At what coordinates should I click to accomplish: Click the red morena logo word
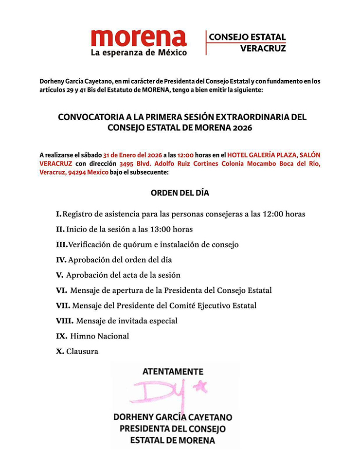coord(139,37)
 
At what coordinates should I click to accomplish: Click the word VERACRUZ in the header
coord(263,48)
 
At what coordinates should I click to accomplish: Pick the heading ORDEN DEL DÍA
coord(180,193)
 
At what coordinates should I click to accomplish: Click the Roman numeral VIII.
coord(65,321)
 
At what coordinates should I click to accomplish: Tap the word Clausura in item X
coord(82,351)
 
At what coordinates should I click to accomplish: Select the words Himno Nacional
coord(100,336)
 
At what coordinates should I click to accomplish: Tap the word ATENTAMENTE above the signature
coord(173,371)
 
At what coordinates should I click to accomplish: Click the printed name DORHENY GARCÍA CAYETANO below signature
coord(173,417)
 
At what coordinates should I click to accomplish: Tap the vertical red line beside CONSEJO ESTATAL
coord(206,42)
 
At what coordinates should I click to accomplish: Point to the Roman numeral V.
coord(60,275)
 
